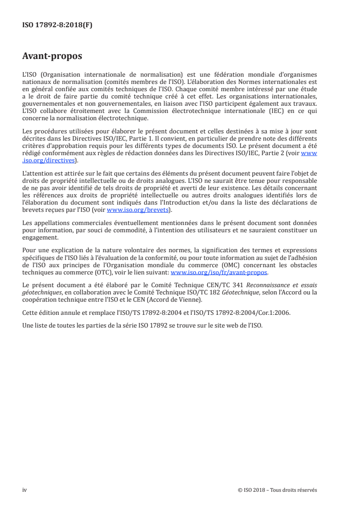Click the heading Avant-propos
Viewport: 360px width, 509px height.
click(x=52, y=56)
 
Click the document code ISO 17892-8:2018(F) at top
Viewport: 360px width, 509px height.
click(x=57, y=25)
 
